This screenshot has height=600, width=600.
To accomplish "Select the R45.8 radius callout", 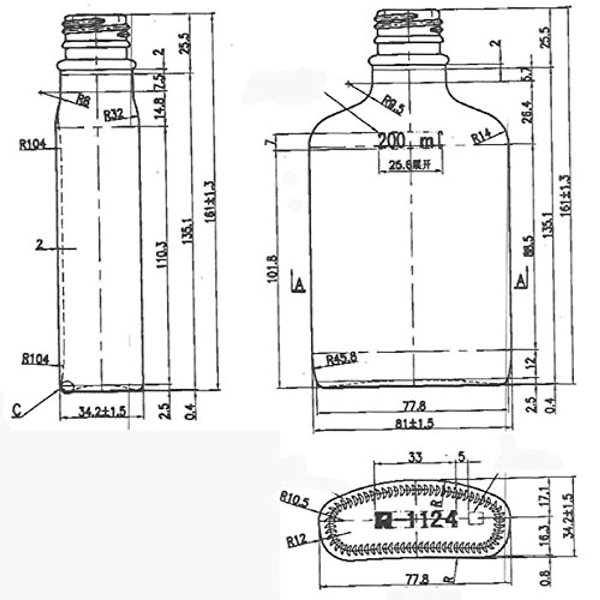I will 341,359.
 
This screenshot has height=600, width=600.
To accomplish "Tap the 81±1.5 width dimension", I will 414,423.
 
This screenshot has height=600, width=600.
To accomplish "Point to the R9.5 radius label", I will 393,106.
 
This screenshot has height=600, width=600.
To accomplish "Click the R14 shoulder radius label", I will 481,136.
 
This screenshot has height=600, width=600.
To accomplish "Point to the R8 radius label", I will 83,100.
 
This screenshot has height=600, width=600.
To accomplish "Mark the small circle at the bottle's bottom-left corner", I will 66,386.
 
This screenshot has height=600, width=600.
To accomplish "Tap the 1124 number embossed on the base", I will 432,520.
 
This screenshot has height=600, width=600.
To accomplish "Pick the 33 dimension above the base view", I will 415,456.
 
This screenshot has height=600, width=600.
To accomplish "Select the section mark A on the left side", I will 298,283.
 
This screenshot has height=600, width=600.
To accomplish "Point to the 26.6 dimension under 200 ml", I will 404,165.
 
